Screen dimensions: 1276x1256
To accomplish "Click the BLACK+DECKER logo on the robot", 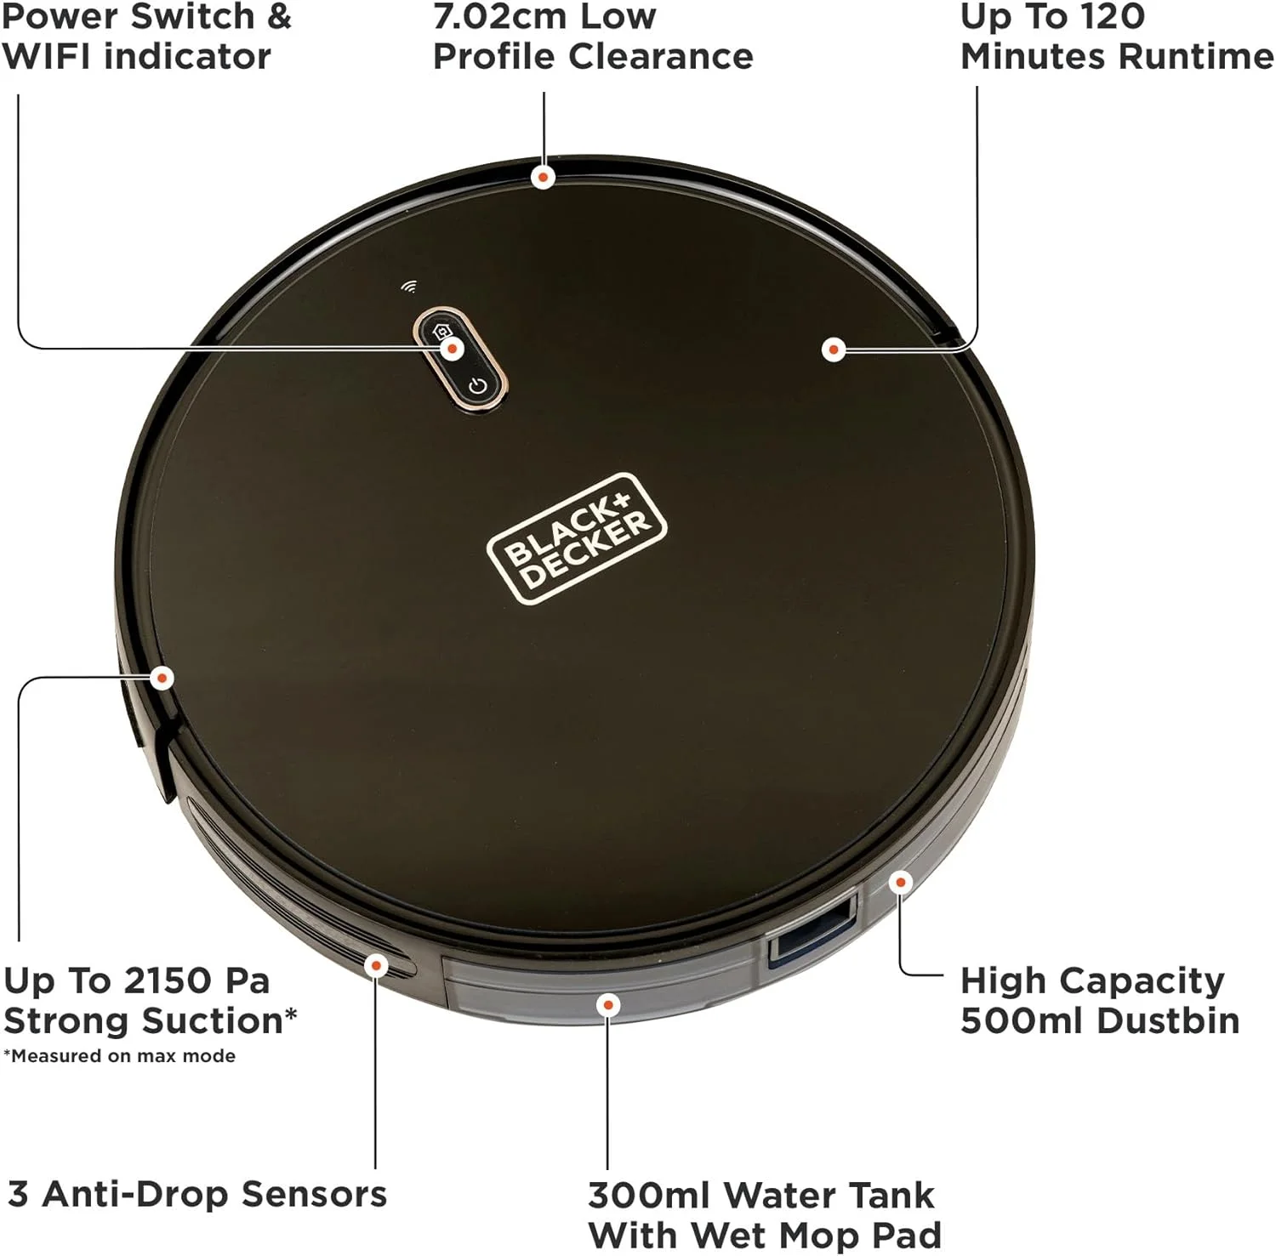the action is [577, 538].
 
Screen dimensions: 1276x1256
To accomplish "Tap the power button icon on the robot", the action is [477, 386].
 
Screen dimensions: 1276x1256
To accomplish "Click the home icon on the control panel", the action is [442, 332].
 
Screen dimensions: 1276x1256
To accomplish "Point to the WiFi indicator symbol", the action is [409, 287].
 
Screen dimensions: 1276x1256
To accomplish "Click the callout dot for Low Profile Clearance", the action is [543, 177].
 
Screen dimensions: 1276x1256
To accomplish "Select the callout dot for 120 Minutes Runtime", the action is [834, 349].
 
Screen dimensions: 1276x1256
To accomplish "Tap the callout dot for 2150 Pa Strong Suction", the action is [162, 678].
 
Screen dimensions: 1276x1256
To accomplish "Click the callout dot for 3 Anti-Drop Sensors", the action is [375, 965].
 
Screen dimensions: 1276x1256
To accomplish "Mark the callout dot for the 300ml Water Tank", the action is [607, 1005].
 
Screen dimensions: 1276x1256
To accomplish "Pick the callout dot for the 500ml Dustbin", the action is [900, 882].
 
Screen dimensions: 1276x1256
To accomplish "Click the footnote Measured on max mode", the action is [119, 1056].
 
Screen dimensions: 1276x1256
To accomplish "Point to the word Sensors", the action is [314, 1194].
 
